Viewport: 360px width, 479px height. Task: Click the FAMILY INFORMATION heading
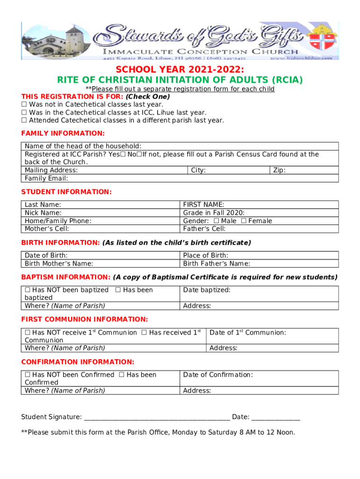click(x=63, y=133)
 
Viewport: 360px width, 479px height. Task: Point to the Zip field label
click(x=279, y=170)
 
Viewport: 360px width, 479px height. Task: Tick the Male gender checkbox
click(x=216, y=221)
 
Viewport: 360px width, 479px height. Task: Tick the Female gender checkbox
click(x=244, y=221)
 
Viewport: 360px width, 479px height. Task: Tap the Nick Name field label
click(x=43, y=213)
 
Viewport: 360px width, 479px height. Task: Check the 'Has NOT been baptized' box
click(x=28, y=290)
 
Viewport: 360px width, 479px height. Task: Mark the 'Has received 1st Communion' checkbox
click(x=144, y=333)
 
